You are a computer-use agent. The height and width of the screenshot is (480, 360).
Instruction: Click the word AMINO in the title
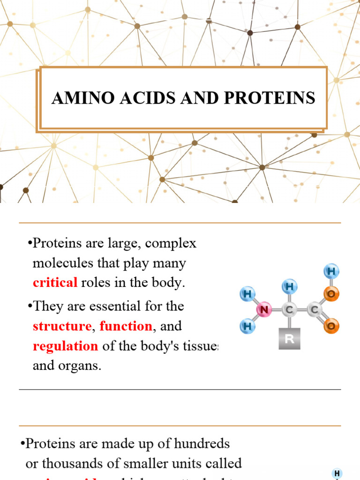click(x=76, y=98)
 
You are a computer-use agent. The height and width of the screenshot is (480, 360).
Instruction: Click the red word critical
click(x=55, y=282)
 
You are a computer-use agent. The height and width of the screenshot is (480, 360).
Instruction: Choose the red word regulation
click(x=65, y=346)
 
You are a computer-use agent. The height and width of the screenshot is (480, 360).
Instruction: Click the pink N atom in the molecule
click(x=265, y=309)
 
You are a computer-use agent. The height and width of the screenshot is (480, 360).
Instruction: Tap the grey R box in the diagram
click(x=289, y=338)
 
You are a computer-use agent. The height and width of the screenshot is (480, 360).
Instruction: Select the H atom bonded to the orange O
click(x=331, y=271)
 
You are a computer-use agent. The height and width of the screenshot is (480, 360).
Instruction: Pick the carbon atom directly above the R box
click(x=289, y=309)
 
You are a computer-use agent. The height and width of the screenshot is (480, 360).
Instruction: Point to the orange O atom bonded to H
click(x=331, y=294)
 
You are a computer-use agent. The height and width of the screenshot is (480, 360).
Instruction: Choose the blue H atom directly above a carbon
click(x=289, y=286)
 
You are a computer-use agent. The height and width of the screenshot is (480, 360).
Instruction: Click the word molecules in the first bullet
click(x=63, y=263)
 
